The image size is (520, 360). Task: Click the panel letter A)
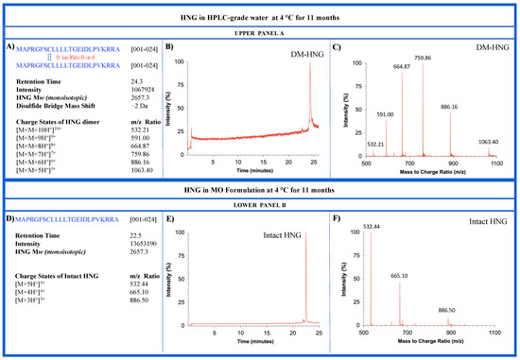click(x=11, y=45)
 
